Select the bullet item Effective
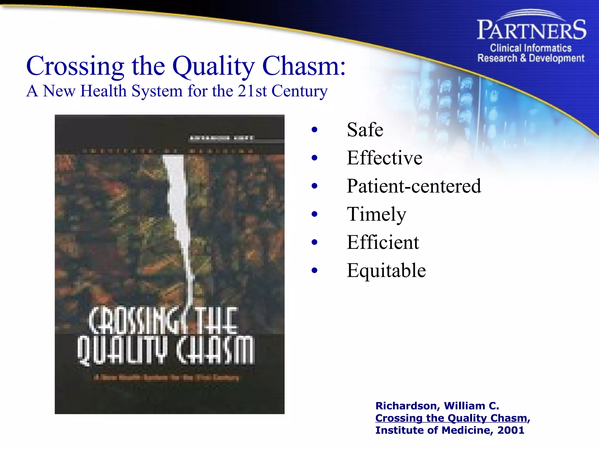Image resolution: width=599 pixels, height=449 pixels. [x=384, y=158]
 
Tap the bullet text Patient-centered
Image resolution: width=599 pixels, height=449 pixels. [x=414, y=186]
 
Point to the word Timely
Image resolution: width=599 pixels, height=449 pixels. [x=376, y=214]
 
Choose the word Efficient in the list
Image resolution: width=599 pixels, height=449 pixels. [x=383, y=242]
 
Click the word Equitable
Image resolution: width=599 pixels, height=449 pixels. [x=386, y=270]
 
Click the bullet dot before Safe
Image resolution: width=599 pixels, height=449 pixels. [x=314, y=130]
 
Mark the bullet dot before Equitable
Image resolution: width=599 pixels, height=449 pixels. [x=314, y=271]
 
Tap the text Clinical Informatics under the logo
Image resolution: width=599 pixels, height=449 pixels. [x=531, y=48]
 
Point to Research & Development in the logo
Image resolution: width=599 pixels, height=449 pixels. [x=531, y=58]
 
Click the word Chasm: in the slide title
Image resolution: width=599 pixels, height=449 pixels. [x=304, y=66]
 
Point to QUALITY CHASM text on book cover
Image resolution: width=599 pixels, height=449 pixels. [x=166, y=350]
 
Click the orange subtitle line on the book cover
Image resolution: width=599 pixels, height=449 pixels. [x=166, y=377]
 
